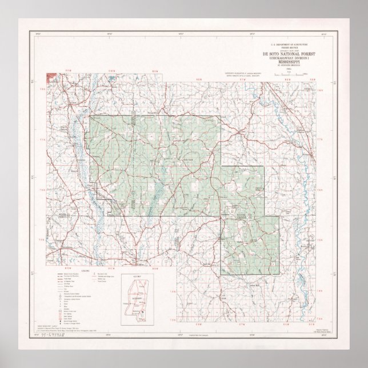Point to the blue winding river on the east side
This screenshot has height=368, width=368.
[x=306, y=171]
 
